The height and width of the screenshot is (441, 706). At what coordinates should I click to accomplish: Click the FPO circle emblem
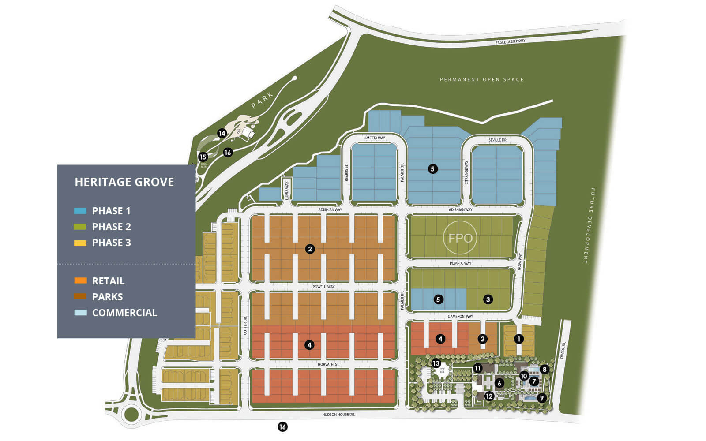click(x=460, y=238)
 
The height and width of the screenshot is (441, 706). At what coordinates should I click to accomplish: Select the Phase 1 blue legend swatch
click(x=80, y=211)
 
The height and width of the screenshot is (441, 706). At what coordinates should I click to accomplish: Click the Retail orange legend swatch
click(x=80, y=281)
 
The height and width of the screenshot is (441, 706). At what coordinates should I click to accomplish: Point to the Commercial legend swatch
click(x=80, y=313)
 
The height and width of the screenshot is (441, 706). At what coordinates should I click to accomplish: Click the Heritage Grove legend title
click(x=124, y=182)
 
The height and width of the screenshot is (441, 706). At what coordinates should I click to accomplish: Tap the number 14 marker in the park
click(x=222, y=133)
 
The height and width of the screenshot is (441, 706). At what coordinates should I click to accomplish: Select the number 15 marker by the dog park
click(x=203, y=157)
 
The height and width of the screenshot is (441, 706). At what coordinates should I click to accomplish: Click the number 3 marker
click(x=488, y=299)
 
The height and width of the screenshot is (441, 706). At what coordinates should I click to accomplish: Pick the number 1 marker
click(x=519, y=339)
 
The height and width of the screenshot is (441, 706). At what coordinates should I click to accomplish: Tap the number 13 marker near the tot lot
click(x=436, y=363)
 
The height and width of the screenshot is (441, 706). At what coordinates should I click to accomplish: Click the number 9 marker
click(x=541, y=398)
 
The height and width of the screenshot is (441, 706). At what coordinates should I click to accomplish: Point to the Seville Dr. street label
click(x=498, y=140)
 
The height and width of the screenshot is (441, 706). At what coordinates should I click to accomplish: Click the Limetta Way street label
click(x=374, y=138)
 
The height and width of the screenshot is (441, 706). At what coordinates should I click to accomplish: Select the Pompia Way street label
click(x=460, y=263)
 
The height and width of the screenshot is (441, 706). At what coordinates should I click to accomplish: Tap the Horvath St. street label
click(x=329, y=365)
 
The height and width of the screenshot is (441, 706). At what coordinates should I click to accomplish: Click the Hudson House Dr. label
click(x=338, y=415)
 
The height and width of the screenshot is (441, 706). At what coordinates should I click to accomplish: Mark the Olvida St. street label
click(x=563, y=350)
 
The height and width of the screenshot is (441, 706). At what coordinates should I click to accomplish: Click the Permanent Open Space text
click(x=481, y=80)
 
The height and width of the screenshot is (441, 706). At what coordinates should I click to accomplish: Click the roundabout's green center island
click(x=131, y=415)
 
